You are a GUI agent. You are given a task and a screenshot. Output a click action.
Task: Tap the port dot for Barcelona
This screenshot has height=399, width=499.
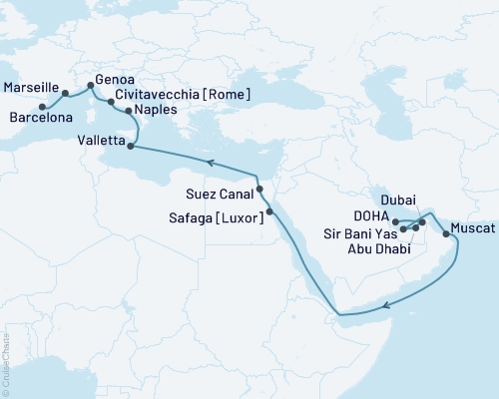click(42, 107)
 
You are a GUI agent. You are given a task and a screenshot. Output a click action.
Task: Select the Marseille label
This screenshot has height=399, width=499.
click(30, 88)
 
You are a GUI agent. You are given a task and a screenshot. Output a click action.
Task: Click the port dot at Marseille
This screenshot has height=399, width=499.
click(66, 93)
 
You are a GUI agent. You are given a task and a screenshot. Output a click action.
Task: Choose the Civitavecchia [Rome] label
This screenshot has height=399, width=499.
click(182, 94)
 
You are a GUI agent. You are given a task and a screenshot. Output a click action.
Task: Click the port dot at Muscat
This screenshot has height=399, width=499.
click(445, 236)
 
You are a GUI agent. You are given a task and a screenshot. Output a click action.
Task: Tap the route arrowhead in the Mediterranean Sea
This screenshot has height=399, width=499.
click(209, 160)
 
